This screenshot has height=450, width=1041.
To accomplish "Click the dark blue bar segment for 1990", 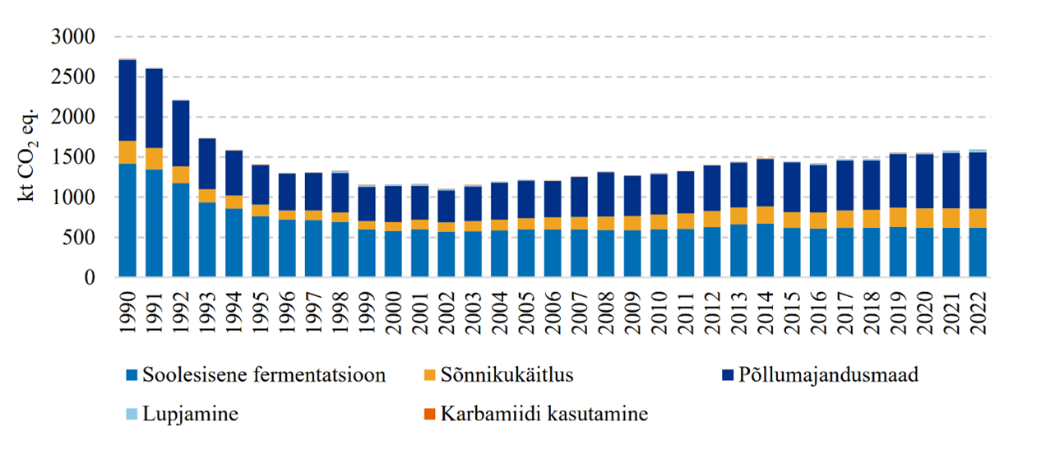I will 127,100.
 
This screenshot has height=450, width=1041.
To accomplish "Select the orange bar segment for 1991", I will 154,159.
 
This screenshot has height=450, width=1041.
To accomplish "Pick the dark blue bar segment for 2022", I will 977,180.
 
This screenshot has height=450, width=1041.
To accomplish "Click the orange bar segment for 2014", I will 765,215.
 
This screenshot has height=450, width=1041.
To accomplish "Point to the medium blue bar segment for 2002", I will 446,255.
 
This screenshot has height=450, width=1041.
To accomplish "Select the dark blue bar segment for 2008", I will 605,194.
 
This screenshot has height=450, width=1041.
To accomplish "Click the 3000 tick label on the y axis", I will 73,38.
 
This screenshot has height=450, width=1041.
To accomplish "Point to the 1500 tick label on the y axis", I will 73,158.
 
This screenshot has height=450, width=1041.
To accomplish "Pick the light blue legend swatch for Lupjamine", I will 129,414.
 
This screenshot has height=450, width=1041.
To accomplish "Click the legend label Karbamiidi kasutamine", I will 544,414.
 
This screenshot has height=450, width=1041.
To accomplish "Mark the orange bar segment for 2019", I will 897,217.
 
